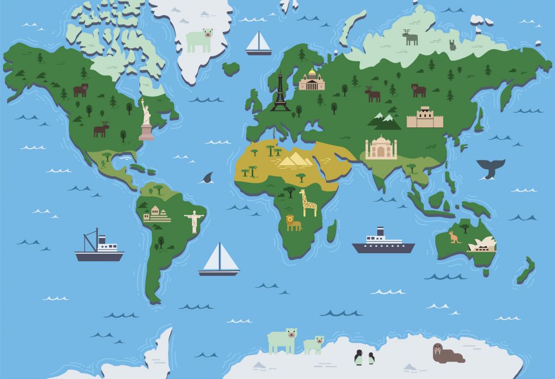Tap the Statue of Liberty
coord(145,120)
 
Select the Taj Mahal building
coord(381,148)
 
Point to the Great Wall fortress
coord(424,118)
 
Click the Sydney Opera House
coord(482,245)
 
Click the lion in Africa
coord(293,222)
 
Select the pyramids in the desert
coord(295,159)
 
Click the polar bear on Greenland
coord(199,41)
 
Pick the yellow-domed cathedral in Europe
coord(312,80)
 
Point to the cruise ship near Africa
coord(383,242)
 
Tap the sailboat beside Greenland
coord(259,43)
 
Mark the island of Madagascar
coord(331,230)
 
